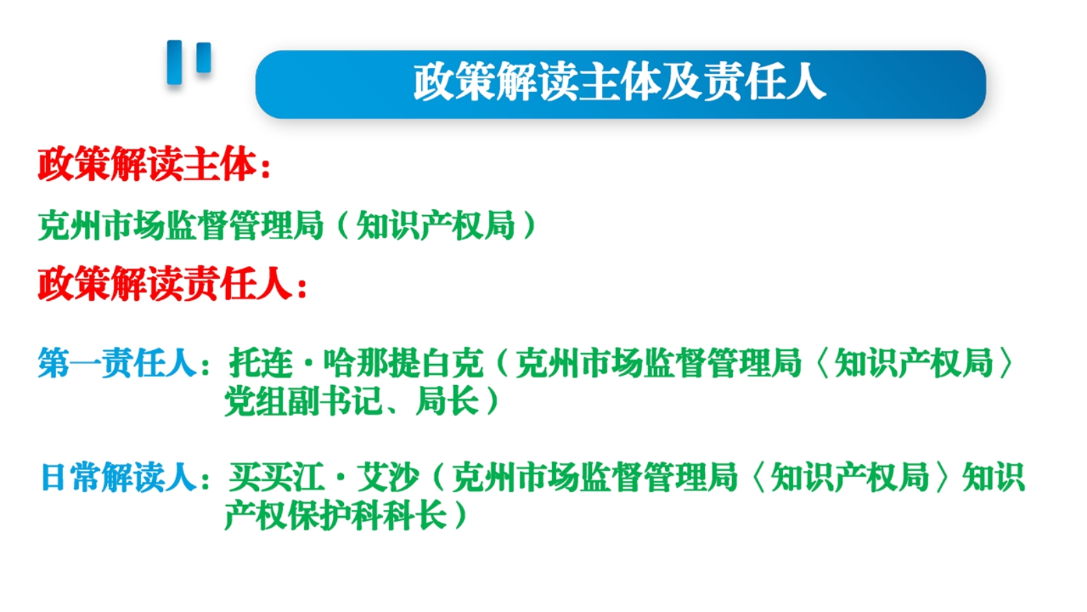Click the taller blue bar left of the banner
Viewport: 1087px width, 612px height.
point(174,62)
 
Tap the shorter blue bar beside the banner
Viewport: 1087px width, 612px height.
point(204,58)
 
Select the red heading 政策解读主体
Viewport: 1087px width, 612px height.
point(147,164)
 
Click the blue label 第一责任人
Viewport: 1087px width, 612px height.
point(117,363)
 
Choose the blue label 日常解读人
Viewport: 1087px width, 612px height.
point(118,477)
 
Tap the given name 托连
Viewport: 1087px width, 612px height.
point(261,363)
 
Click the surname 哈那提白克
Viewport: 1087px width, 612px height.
point(403,363)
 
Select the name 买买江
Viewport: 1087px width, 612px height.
point(276,477)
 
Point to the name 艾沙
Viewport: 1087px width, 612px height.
point(388,477)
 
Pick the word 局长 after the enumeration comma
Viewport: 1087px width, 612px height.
point(447,401)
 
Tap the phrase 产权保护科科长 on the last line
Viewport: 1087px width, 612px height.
point(336,515)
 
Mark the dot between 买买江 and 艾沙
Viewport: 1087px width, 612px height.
point(340,478)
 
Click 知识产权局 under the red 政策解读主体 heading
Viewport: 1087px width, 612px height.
point(436,225)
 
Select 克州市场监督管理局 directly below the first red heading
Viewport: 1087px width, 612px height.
point(181,225)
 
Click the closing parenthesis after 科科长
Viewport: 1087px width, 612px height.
point(460,515)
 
